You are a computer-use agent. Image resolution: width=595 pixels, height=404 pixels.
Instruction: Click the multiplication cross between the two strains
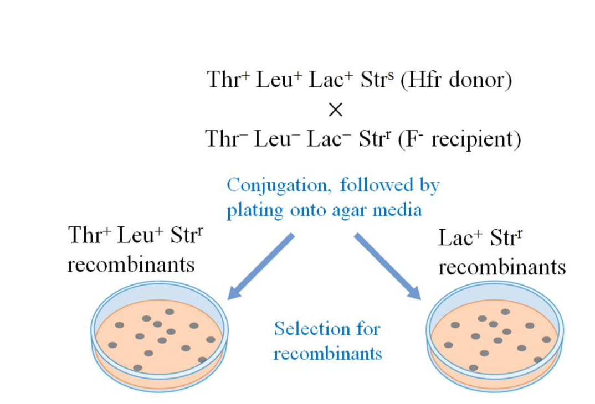click(x=335, y=110)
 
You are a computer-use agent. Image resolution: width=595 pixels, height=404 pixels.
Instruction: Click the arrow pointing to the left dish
click(x=260, y=266)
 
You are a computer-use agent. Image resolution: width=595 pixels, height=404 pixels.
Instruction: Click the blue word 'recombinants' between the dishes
click(x=327, y=354)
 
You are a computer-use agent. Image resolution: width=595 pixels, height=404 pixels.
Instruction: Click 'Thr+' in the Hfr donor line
click(x=227, y=81)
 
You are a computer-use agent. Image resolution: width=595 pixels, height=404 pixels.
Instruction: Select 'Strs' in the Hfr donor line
click(x=376, y=81)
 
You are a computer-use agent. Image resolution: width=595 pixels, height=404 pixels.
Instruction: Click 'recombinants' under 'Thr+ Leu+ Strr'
click(x=131, y=265)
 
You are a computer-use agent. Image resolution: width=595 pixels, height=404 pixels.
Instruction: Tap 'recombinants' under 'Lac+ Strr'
click(x=502, y=267)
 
